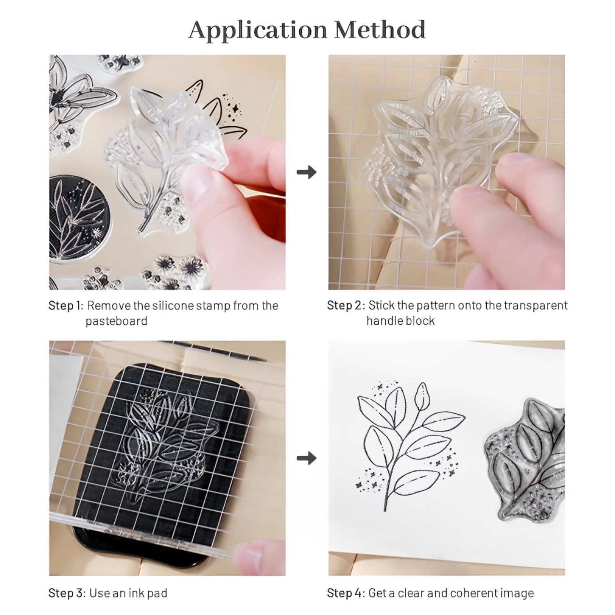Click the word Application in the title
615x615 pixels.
tap(258, 31)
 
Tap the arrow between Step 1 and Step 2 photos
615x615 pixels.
tap(307, 172)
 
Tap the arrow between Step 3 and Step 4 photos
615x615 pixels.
tap(307, 458)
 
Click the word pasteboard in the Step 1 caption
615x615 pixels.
tap(116, 321)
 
